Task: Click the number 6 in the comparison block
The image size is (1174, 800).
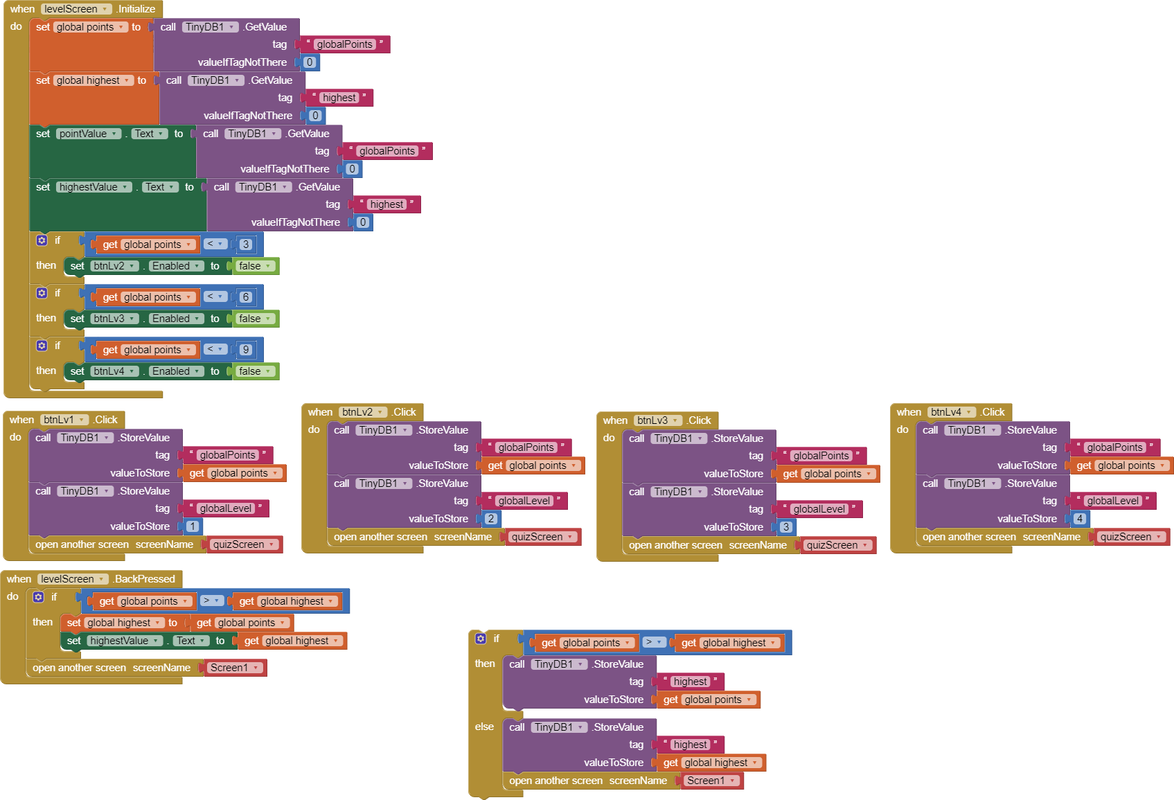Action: (245, 297)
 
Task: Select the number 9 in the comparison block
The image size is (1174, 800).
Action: (245, 350)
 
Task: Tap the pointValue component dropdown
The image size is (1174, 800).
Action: (88, 134)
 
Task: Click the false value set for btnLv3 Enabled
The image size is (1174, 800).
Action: (254, 319)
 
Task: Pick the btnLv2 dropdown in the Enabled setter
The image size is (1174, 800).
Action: (114, 266)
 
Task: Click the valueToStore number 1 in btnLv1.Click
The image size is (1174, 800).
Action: (193, 526)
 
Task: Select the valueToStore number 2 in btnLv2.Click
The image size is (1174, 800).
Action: (491, 519)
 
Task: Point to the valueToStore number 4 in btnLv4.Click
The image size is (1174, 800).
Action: (1079, 519)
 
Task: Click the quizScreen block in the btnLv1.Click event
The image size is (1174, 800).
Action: (243, 544)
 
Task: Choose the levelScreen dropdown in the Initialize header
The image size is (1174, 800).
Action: (75, 9)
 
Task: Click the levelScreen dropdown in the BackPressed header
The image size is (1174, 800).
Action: (72, 579)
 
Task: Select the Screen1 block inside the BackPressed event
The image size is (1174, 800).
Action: (234, 668)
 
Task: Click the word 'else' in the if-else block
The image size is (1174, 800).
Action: (484, 727)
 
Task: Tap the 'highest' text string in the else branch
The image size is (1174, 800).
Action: (691, 745)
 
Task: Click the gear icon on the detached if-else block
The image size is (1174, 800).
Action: (481, 639)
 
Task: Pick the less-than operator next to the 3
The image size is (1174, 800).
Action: (215, 244)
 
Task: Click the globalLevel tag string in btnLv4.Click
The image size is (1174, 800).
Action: (1112, 501)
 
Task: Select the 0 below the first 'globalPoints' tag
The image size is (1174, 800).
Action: (310, 62)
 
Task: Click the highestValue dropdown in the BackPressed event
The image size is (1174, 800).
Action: (124, 641)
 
